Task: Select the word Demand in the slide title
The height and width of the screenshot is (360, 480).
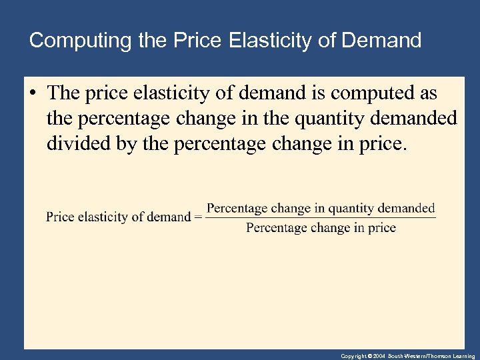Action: pyautogui.click(x=382, y=41)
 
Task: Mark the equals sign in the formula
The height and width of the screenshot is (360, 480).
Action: pyautogui.click(x=197, y=217)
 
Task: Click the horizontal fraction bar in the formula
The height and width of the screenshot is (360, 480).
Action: pyautogui.click(x=321, y=217)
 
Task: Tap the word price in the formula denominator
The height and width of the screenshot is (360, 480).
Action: pyautogui.click(x=382, y=228)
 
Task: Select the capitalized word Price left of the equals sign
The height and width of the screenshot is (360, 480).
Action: pyautogui.click(x=60, y=217)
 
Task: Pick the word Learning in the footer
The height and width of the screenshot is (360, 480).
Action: pyautogui.click(x=463, y=356)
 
